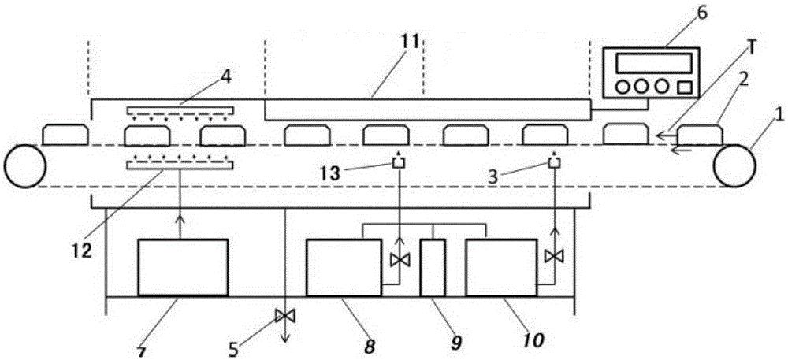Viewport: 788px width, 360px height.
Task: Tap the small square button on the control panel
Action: [x=685, y=87]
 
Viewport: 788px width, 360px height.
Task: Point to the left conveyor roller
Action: [x=24, y=165]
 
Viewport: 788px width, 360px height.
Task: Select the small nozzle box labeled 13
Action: [x=399, y=162]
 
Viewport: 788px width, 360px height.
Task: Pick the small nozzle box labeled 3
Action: [x=554, y=162]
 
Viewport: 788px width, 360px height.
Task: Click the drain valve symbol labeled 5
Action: [x=285, y=316]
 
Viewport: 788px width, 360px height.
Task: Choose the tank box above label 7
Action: [x=183, y=267]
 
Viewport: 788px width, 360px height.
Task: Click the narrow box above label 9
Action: [x=433, y=268]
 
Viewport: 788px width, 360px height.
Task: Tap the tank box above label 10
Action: [x=501, y=267]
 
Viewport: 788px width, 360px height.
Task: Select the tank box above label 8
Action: [x=344, y=267]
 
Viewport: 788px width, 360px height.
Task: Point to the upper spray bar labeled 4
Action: [x=180, y=109]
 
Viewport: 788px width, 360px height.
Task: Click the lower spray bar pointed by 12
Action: [x=180, y=165]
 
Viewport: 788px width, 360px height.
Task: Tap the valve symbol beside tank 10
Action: [x=554, y=257]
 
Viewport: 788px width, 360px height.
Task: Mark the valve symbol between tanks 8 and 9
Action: [x=400, y=260]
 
